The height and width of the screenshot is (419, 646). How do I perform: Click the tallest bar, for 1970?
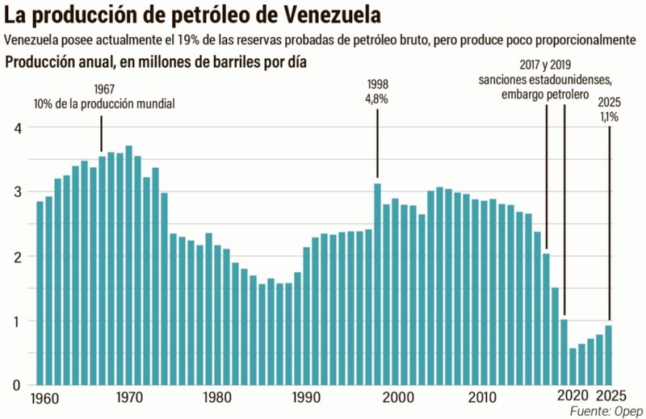[x=129, y=266]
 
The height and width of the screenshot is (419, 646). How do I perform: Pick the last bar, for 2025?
[x=609, y=355]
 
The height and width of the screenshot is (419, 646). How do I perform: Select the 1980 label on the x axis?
[x=215, y=397]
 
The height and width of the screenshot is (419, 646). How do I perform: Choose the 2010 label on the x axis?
[x=483, y=397]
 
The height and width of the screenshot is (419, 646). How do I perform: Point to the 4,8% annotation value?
[x=377, y=98]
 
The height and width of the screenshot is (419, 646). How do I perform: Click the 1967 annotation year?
[x=103, y=88]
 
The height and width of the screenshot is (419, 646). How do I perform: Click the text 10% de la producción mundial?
[x=104, y=103]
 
